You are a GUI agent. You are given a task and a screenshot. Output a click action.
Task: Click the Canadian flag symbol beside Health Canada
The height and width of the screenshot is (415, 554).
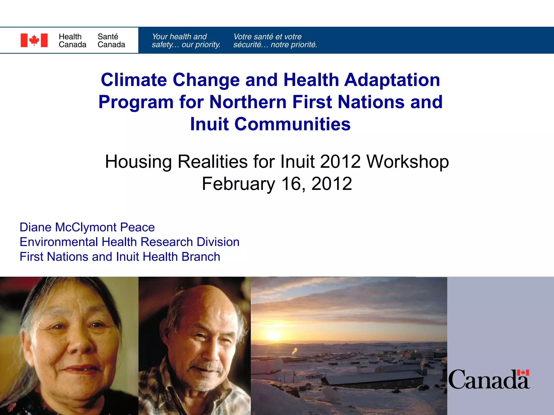pyautogui.click(x=34, y=40)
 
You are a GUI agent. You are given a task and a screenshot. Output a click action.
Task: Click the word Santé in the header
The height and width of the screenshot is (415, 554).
pyautogui.click(x=108, y=36)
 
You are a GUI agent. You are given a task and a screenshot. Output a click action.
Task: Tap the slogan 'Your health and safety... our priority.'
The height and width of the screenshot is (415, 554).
pyautogui.click(x=186, y=41)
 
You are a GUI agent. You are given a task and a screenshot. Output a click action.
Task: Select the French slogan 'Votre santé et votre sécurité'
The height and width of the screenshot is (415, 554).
pyautogui.click(x=275, y=41)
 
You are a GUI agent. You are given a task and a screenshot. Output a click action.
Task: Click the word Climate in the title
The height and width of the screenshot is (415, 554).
pyautogui.click(x=134, y=80)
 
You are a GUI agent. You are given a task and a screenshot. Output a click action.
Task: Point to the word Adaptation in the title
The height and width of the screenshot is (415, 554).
pyautogui.click(x=392, y=80)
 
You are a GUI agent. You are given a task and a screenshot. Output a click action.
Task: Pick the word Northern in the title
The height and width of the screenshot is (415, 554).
pyautogui.click(x=248, y=102)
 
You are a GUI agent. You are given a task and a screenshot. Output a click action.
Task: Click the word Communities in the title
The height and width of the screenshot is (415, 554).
pyautogui.click(x=292, y=124)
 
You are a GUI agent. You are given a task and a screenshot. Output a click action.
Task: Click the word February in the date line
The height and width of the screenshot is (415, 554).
pyautogui.click(x=238, y=184)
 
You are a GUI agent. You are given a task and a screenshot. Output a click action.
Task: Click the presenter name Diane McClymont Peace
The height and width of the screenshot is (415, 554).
pyautogui.click(x=87, y=227)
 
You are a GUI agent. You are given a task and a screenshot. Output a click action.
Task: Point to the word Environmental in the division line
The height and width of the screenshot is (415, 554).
pyautogui.click(x=59, y=242)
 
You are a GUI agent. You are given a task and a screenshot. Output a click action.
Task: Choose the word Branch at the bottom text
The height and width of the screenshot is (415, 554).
pyautogui.click(x=201, y=257)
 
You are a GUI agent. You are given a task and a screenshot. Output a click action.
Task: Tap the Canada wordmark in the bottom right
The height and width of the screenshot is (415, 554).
pyautogui.click(x=489, y=380)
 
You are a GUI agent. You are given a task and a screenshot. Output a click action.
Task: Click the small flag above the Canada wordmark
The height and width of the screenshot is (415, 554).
pyautogui.click(x=523, y=373)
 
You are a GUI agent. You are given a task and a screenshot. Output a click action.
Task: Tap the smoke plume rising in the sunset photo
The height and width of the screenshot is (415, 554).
pyautogui.click(x=295, y=351)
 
